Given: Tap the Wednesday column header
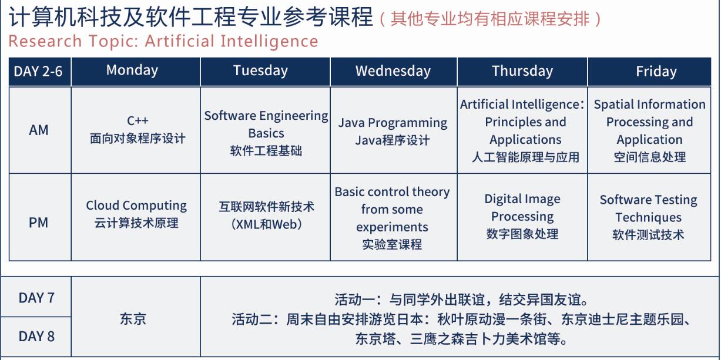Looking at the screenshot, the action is tap(393, 71).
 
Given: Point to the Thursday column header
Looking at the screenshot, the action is tap(522, 71).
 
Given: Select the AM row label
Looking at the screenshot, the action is tap(39, 130).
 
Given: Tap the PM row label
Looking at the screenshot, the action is tap(38, 223).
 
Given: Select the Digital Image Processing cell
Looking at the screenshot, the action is tap(522, 217).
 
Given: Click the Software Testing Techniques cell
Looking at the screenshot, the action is tap(649, 217).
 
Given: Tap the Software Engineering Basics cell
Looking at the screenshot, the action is tap(266, 130).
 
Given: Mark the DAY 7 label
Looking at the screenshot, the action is tap(36, 298).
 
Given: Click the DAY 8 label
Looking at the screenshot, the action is tap(36, 337).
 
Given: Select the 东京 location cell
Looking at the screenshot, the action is tap(133, 318).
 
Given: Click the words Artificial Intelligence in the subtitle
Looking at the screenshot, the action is tap(232, 42).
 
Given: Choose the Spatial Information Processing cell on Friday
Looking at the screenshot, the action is tap(649, 130).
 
